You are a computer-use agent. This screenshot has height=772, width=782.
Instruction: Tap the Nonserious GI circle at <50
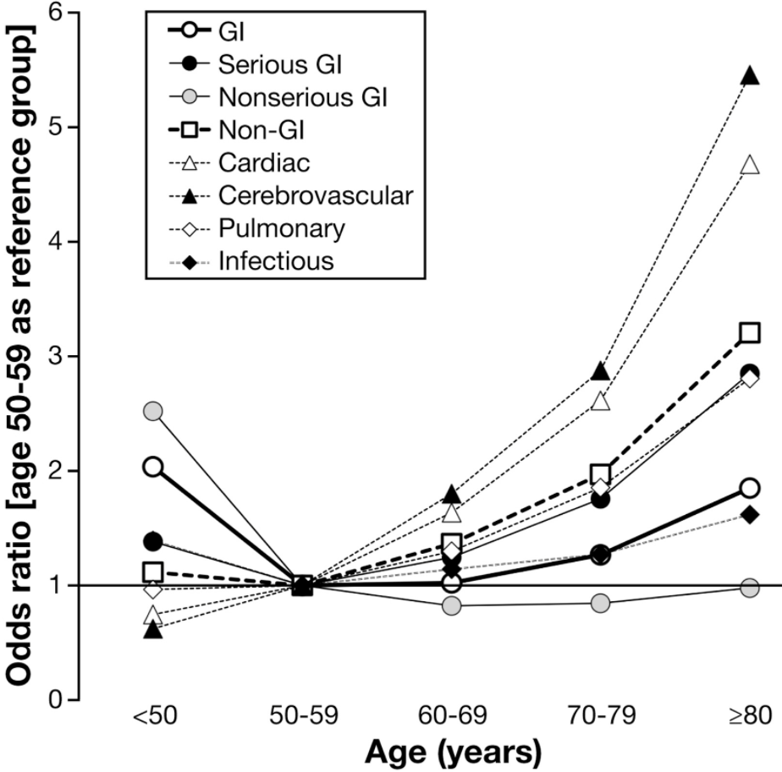(153, 412)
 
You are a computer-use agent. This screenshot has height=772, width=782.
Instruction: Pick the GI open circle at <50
(153, 467)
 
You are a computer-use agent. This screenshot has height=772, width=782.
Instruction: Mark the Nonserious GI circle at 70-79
(601, 603)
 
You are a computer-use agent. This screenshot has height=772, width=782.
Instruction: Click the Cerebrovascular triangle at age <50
(153, 629)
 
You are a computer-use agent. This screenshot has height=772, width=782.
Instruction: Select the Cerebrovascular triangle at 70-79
(601, 372)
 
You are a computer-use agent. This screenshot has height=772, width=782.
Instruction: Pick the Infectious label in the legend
(275, 261)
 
